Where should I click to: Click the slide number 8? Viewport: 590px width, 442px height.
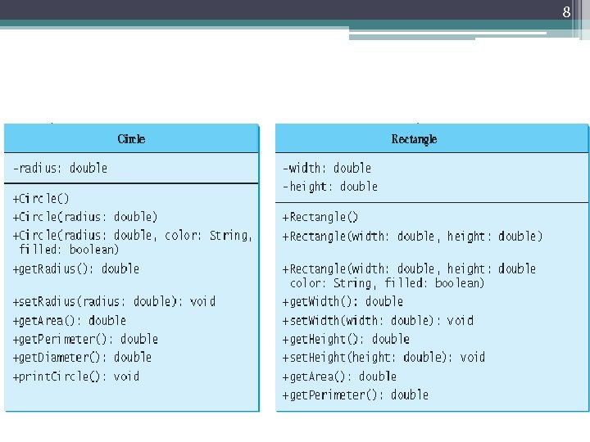pos(566,12)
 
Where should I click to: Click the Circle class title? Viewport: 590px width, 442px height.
pos(131,139)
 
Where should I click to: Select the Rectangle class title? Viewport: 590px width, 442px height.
pos(414,139)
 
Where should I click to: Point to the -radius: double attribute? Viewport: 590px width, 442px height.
pos(60,168)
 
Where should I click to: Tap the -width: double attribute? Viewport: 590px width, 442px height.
pos(327,168)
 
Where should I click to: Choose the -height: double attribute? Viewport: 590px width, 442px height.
pos(330,187)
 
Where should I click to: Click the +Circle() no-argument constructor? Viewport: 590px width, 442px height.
pos(41,198)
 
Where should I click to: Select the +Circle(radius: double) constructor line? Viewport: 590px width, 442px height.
pos(85,217)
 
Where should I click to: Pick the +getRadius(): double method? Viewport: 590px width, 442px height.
pos(76,268)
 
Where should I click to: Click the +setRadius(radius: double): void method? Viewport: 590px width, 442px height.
pos(115,301)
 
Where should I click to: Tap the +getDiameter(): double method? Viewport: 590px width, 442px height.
pos(82,357)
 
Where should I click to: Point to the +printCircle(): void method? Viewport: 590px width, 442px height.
pos(76,377)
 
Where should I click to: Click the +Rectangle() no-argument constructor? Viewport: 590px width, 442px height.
pos(320,217)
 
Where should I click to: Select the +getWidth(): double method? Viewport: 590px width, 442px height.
pos(343,301)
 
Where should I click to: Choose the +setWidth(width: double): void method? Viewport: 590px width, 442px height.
pos(378,321)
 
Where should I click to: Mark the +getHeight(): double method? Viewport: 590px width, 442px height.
pos(346,339)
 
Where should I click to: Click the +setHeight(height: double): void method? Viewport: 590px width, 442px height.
pos(383,357)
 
